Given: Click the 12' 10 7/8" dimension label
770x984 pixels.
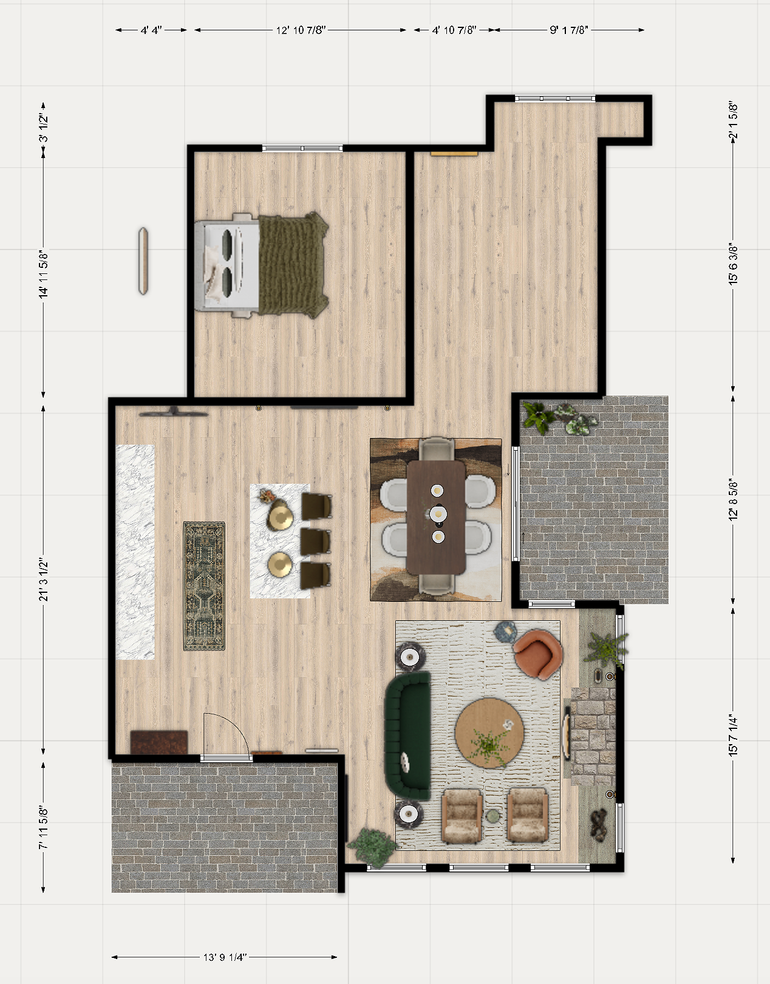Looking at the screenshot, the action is (301, 30).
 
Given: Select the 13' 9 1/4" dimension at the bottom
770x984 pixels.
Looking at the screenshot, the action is (225, 957).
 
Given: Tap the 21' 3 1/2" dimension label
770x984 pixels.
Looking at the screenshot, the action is (44, 580).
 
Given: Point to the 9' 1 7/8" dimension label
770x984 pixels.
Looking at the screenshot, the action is (568, 30).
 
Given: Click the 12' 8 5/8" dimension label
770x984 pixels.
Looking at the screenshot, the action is (733, 499).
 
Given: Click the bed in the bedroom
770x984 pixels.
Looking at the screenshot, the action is (262, 265).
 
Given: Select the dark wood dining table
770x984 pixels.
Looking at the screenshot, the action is (436, 517).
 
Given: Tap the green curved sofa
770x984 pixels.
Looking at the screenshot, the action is (407, 736).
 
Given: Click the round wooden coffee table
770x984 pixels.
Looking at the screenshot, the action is (489, 733).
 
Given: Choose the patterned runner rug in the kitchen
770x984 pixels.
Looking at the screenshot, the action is (204, 586).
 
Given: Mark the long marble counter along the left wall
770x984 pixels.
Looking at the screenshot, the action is (135, 552).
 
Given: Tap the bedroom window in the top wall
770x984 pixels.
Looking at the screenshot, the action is (302, 148).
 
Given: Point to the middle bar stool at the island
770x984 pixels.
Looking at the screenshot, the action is (316, 541).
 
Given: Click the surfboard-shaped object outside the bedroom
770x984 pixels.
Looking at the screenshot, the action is (143, 261).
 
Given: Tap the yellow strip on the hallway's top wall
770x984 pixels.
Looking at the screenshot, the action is (454, 154).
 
